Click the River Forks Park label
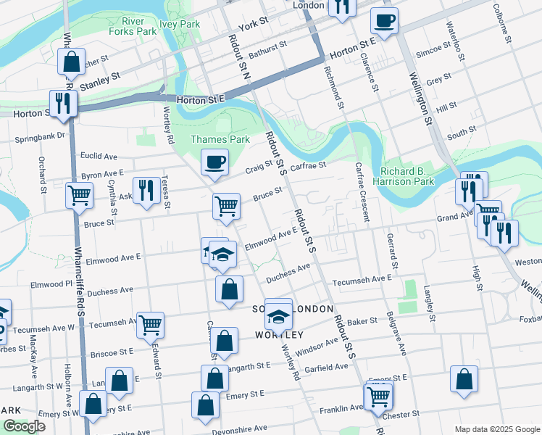[x=133, y=26]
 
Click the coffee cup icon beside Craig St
[x=214, y=162]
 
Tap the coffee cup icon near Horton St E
[x=384, y=21]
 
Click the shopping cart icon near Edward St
[x=150, y=325]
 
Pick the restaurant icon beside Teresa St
[x=148, y=191]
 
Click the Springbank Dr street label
[x=41, y=135]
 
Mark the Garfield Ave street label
[x=327, y=368]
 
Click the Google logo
[x=24, y=426]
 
